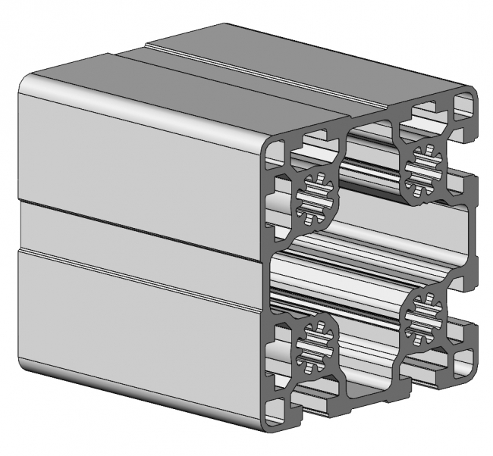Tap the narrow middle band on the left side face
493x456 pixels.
pyautogui.click(x=137, y=227)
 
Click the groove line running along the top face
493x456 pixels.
pyautogui.click(x=250, y=68)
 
